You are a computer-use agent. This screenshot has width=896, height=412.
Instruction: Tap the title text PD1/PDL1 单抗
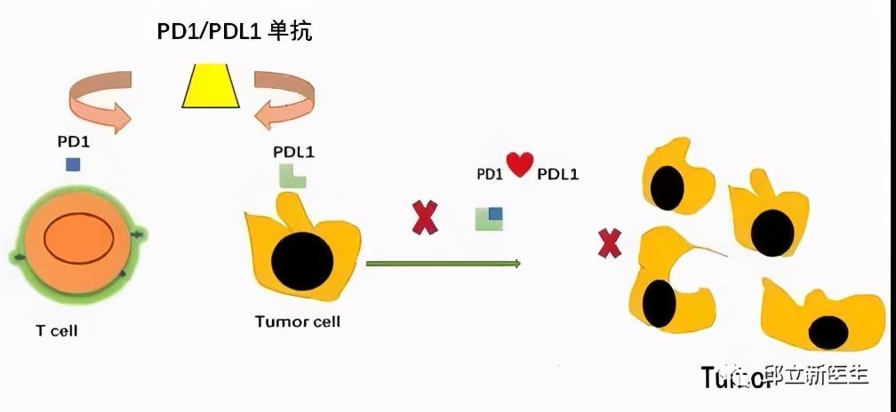pos(235,33)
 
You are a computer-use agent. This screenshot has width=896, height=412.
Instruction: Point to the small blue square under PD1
pos(73,164)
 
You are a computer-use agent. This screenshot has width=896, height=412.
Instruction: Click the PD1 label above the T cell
pos(73,140)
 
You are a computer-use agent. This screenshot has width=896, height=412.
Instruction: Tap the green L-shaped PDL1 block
pos(292,176)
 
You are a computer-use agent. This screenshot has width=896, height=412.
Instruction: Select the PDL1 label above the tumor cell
pos(293,151)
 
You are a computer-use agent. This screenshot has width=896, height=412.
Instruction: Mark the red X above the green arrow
pos(425,218)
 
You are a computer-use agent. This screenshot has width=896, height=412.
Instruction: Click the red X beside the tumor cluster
pos(609,242)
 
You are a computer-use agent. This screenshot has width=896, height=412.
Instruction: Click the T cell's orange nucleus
pos(79,240)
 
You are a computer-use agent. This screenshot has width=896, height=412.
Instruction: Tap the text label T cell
pos(57,331)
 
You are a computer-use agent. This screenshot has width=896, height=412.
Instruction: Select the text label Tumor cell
pos(297,321)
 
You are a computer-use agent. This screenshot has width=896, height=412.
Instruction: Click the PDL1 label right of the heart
pos(558,174)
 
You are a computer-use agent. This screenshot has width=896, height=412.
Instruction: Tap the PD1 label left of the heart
pos(490,174)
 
